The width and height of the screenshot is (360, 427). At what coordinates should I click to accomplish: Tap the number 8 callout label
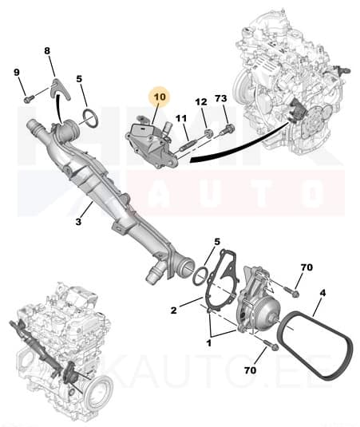(x=47, y=52)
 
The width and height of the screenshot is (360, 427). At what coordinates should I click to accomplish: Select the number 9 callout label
(x=16, y=73)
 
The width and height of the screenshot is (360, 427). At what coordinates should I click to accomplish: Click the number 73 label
(x=221, y=99)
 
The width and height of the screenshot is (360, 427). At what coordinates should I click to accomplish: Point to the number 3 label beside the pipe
(x=78, y=221)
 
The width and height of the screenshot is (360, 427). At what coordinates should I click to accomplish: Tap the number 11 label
(x=182, y=118)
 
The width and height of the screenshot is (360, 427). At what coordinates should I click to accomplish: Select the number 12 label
(x=200, y=102)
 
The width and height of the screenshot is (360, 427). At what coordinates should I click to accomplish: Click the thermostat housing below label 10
(x=152, y=144)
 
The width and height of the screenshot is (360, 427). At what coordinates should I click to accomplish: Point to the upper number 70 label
(x=307, y=267)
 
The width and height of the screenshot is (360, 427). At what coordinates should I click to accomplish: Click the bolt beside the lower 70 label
(x=267, y=347)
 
